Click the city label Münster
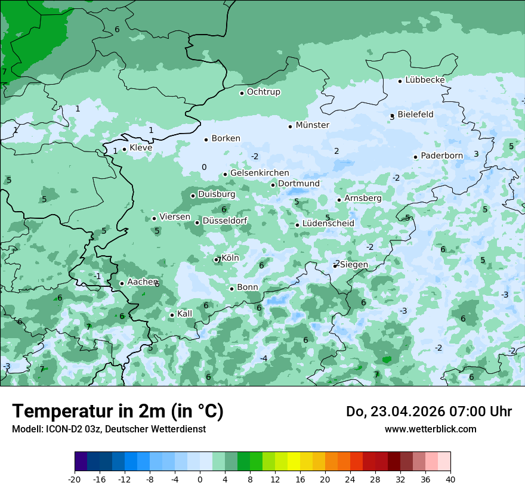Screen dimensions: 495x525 click(312, 125)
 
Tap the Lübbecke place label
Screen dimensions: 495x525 click(425, 80)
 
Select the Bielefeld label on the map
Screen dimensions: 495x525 click(415, 115)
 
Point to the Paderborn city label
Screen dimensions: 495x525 click(441, 156)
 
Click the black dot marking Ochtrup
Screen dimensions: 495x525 click(242, 93)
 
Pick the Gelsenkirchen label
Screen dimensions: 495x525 click(260, 173)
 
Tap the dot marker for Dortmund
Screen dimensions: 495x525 click(273, 185)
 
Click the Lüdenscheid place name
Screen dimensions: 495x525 click(328, 224)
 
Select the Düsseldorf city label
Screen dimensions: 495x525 click(225, 221)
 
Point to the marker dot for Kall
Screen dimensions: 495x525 click(172, 315)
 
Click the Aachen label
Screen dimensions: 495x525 click(142, 282)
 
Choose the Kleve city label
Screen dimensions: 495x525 click(141, 148)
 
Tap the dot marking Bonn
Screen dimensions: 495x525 click(231, 289)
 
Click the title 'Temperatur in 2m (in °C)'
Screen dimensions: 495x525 click(118, 412)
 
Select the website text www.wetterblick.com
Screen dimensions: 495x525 click(430, 429)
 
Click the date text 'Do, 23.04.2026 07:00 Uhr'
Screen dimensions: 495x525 click(428, 412)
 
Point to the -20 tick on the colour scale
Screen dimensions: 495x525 click(75, 479)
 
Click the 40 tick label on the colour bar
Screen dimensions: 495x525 click(450, 479)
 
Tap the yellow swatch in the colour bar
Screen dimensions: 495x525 click(294, 462)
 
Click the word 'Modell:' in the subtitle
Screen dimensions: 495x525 click(26, 429)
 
